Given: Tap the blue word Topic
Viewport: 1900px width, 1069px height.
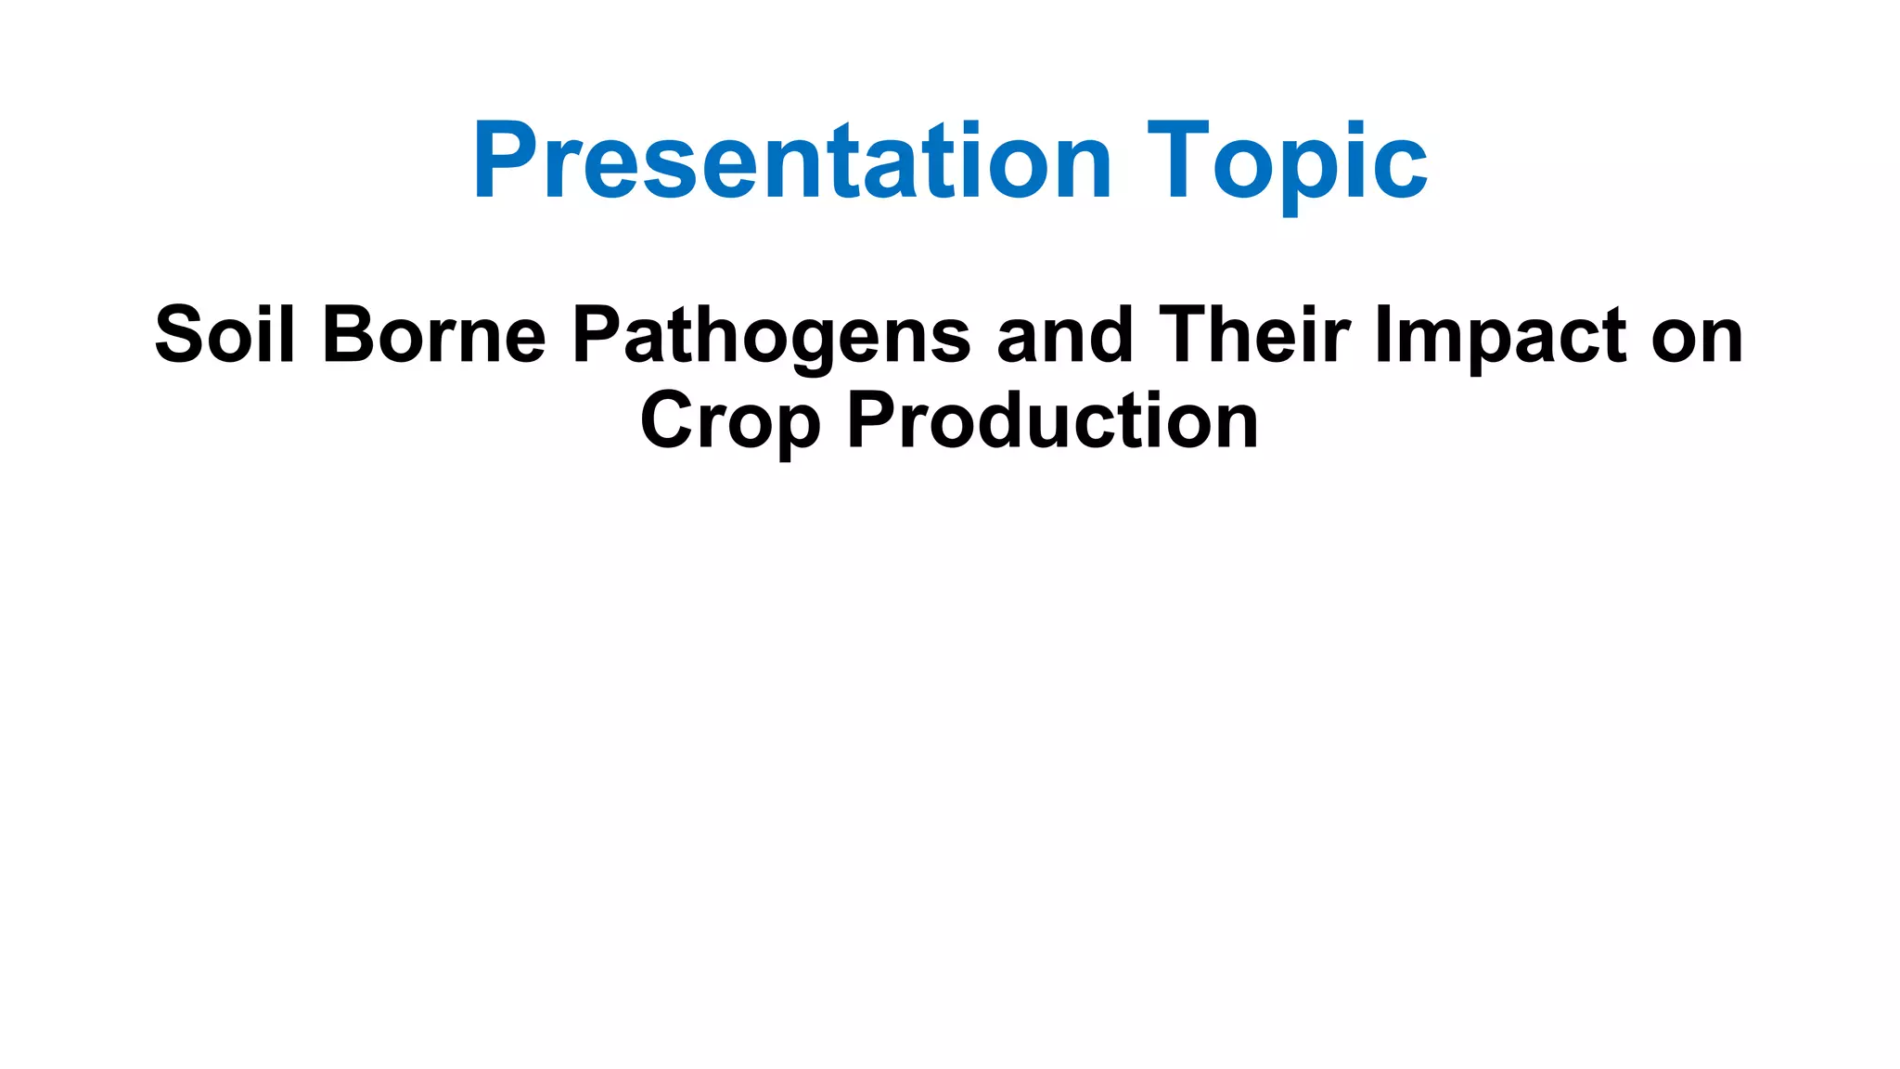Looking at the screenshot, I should tap(1287, 161).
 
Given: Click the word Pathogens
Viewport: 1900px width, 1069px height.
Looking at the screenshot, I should tap(771, 336).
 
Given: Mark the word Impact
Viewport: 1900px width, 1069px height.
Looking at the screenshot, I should tap(1500, 336).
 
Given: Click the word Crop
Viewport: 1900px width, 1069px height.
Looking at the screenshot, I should tap(730, 421).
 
